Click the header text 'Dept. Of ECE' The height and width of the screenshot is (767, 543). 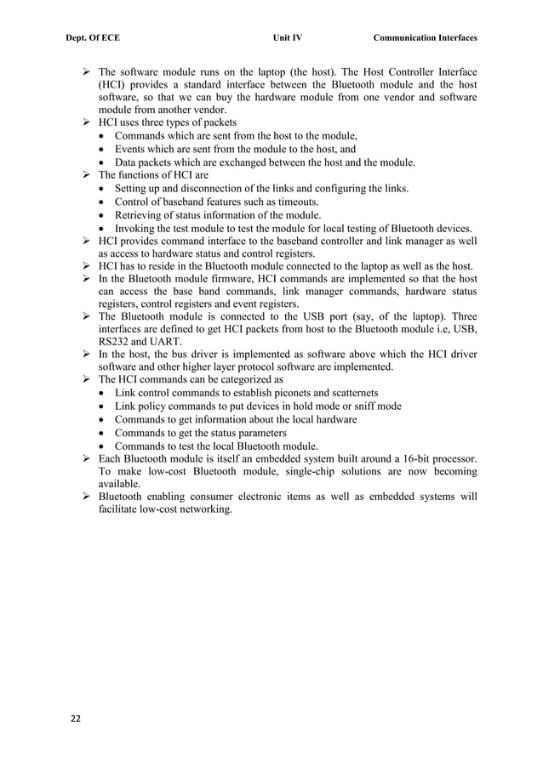pyautogui.click(x=91, y=38)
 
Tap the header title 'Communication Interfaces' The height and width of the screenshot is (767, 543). pyautogui.click(x=425, y=38)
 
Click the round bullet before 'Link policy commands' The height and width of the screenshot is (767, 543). pyautogui.click(x=103, y=406)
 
